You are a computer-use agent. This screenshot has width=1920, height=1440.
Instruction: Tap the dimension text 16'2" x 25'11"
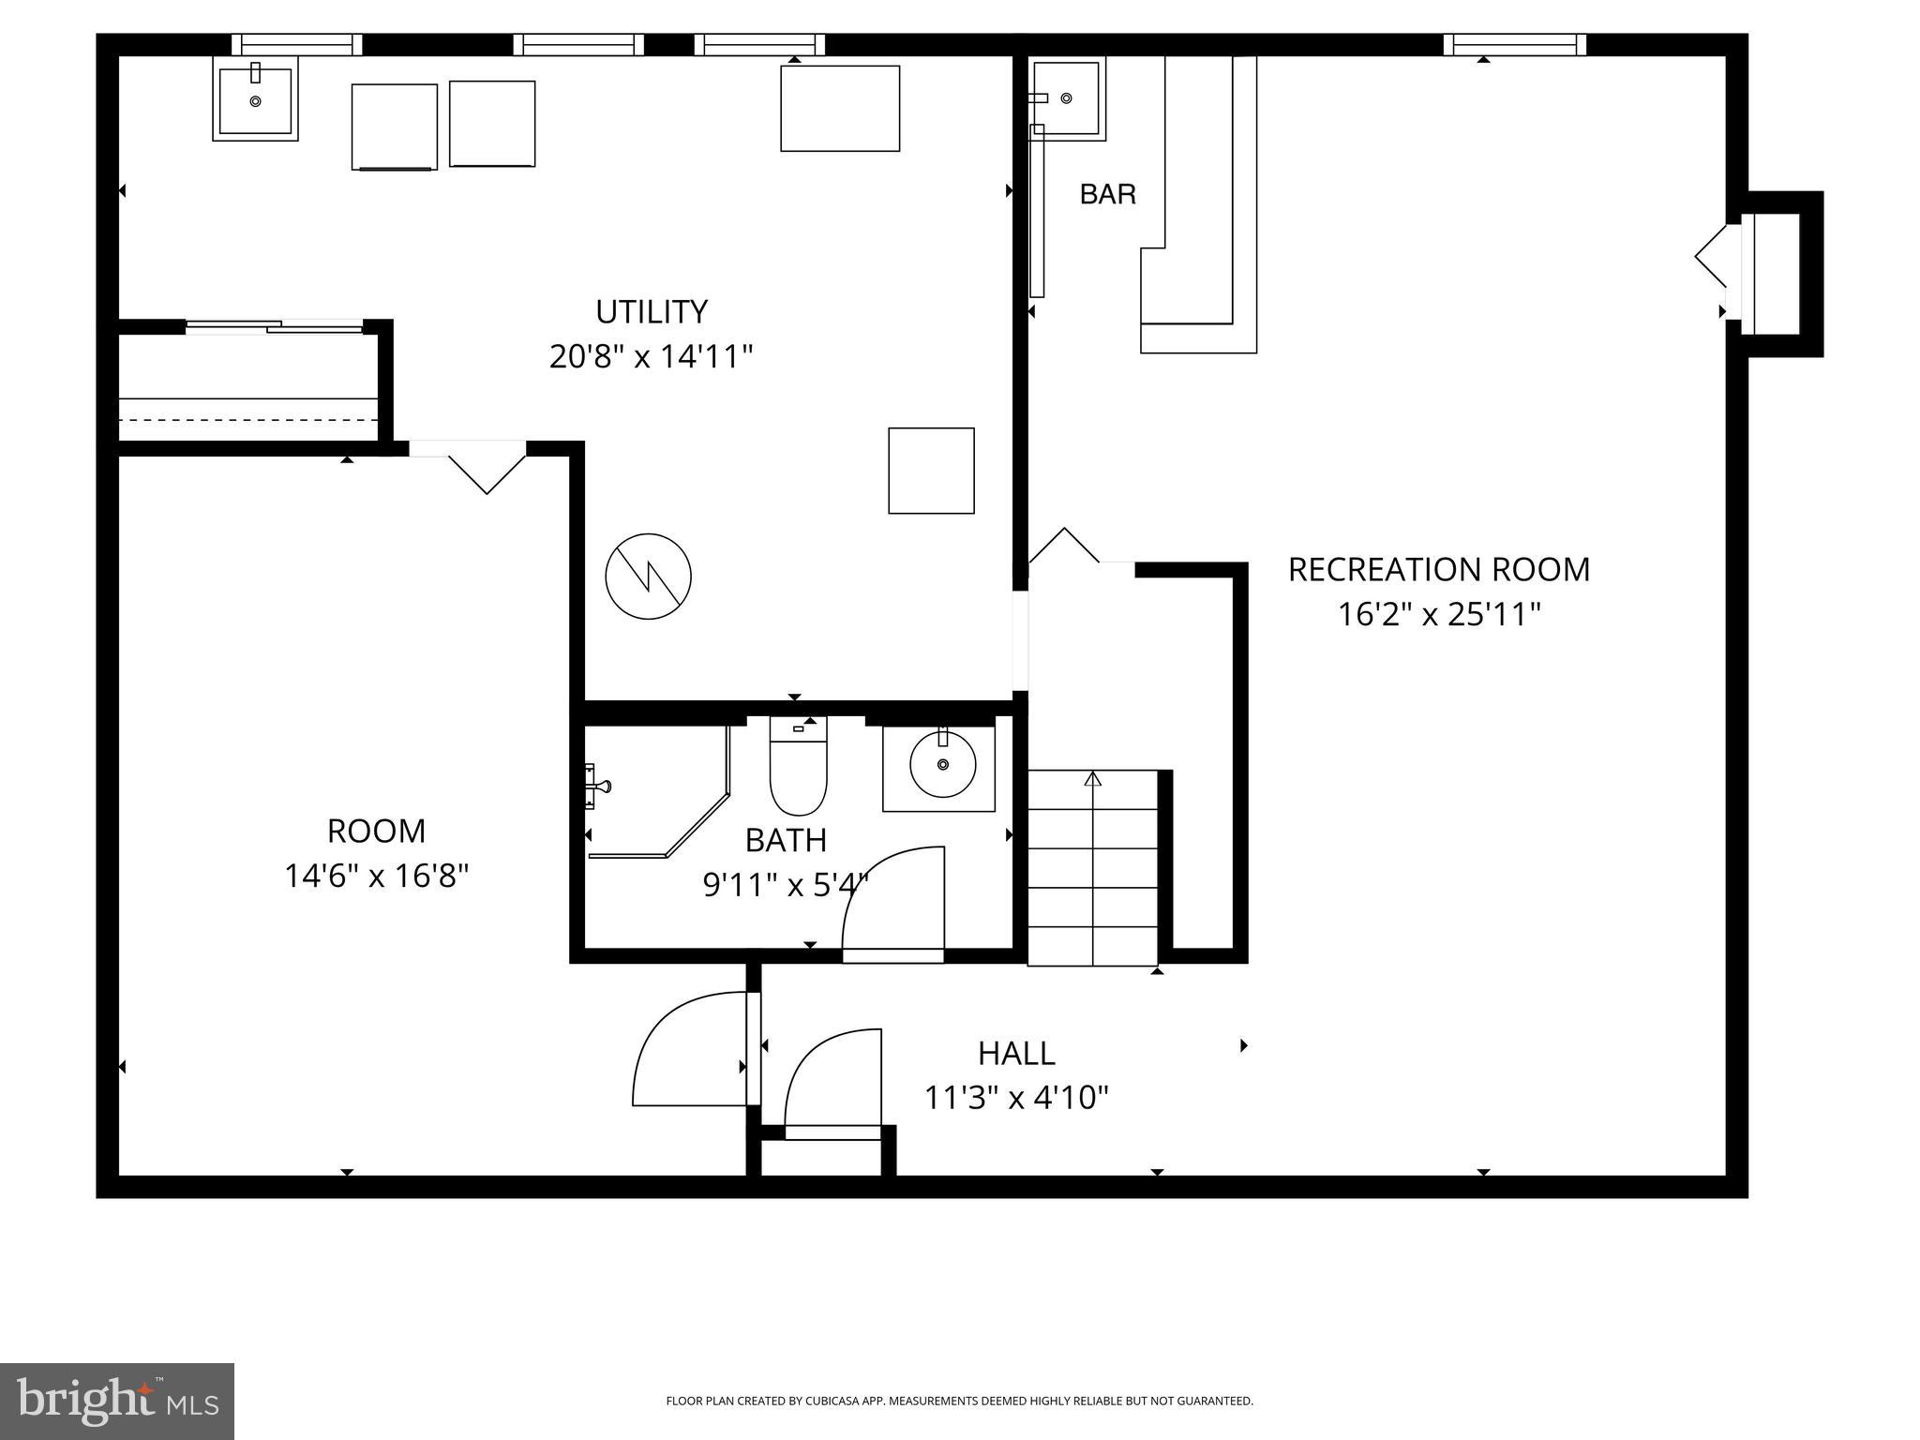pyautogui.click(x=1439, y=615)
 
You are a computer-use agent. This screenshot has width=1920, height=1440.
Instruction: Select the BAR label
pyautogui.click(x=1107, y=194)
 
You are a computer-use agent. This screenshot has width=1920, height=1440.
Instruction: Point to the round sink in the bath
pyautogui.click(x=942, y=765)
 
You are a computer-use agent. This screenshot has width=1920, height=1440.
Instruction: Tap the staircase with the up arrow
pyautogui.click(x=1093, y=867)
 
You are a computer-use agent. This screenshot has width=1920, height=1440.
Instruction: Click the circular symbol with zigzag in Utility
pyautogui.click(x=648, y=577)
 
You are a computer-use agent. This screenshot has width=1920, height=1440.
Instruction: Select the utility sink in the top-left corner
pyautogui.click(x=255, y=98)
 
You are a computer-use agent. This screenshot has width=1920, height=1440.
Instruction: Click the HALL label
pyautogui.click(x=1016, y=1054)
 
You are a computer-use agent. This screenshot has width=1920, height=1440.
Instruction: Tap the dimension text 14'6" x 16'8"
pyautogui.click(x=376, y=877)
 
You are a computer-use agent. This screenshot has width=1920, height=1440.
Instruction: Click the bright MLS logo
pyautogui.click(x=117, y=1401)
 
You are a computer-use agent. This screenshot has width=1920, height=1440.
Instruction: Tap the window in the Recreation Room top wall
pyautogui.click(x=1514, y=44)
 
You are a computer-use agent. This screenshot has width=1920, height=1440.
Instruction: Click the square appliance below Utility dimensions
pyautogui.click(x=931, y=471)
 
